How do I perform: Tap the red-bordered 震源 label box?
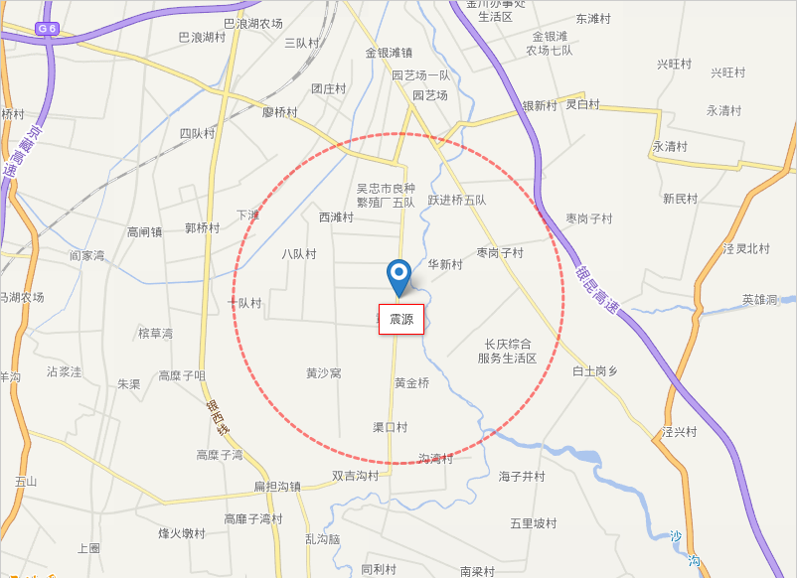click(x=401, y=319)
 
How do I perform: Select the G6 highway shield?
click(x=47, y=29)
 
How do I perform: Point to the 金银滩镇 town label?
click(x=389, y=53)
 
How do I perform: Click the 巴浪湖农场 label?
click(x=253, y=23)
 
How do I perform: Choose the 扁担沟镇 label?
click(x=277, y=487)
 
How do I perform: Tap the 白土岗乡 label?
click(x=594, y=370)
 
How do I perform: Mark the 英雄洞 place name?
click(x=759, y=299)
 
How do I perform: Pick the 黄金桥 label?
click(x=411, y=382)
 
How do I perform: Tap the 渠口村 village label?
click(x=390, y=427)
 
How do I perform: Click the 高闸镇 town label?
click(x=144, y=232)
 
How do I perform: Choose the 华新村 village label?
click(x=445, y=264)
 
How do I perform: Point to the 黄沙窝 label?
click(x=324, y=373)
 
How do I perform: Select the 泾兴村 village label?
click(x=680, y=432)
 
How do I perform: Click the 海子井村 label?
click(x=522, y=477)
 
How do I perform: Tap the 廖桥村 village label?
click(x=279, y=112)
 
